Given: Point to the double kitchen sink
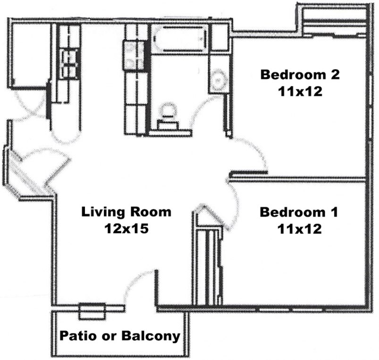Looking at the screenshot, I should (x=71, y=59).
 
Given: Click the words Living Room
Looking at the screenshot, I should (x=126, y=211).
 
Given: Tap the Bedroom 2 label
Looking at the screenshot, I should (x=300, y=74).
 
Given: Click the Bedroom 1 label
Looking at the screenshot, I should (x=299, y=212).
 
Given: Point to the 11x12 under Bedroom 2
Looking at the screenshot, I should (x=300, y=92).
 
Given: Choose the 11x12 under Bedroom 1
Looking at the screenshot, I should (x=299, y=229).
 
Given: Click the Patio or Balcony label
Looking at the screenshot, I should (x=119, y=336).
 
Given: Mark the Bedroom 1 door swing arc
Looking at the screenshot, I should (x=234, y=208).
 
